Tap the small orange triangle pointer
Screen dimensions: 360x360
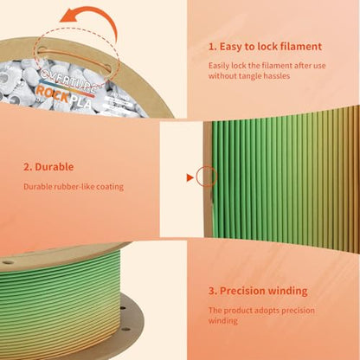pyautogui.click(x=190, y=178)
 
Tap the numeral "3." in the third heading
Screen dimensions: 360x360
pyautogui.click(x=213, y=291)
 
